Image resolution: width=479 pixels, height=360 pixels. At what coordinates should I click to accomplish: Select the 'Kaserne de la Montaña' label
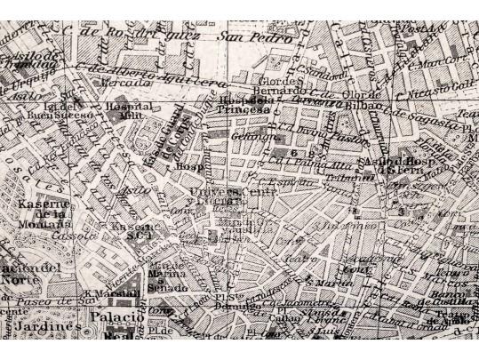pyautogui.click(x=43, y=212)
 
